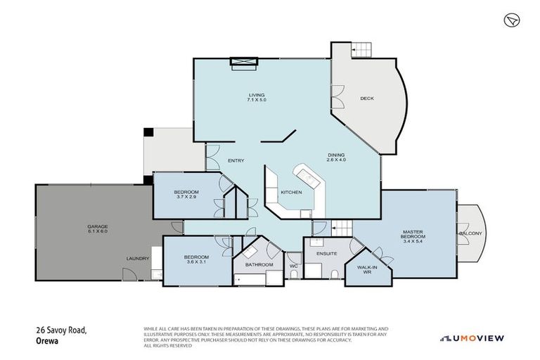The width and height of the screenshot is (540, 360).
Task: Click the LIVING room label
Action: pyautogui.click(x=256, y=95)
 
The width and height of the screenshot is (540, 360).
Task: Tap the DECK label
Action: pyautogui.click(x=366, y=98)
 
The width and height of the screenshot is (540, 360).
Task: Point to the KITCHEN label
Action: pyautogui.click(x=291, y=192)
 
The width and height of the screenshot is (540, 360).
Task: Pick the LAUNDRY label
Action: pyautogui.click(x=138, y=259)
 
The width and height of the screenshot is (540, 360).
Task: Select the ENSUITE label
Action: pyautogui.click(x=327, y=253)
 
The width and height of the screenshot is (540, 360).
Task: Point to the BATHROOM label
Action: pyautogui.click(x=259, y=265)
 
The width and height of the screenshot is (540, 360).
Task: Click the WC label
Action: pyautogui.click(x=294, y=266)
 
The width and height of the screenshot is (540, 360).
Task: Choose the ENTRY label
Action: pyautogui.click(x=236, y=161)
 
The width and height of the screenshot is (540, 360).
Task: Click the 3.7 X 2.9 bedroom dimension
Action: pyautogui.click(x=187, y=198)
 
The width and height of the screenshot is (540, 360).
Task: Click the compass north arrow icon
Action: pyautogui.click(x=512, y=20)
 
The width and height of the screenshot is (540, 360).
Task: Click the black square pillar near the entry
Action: pyautogui.click(x=148, y=132)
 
